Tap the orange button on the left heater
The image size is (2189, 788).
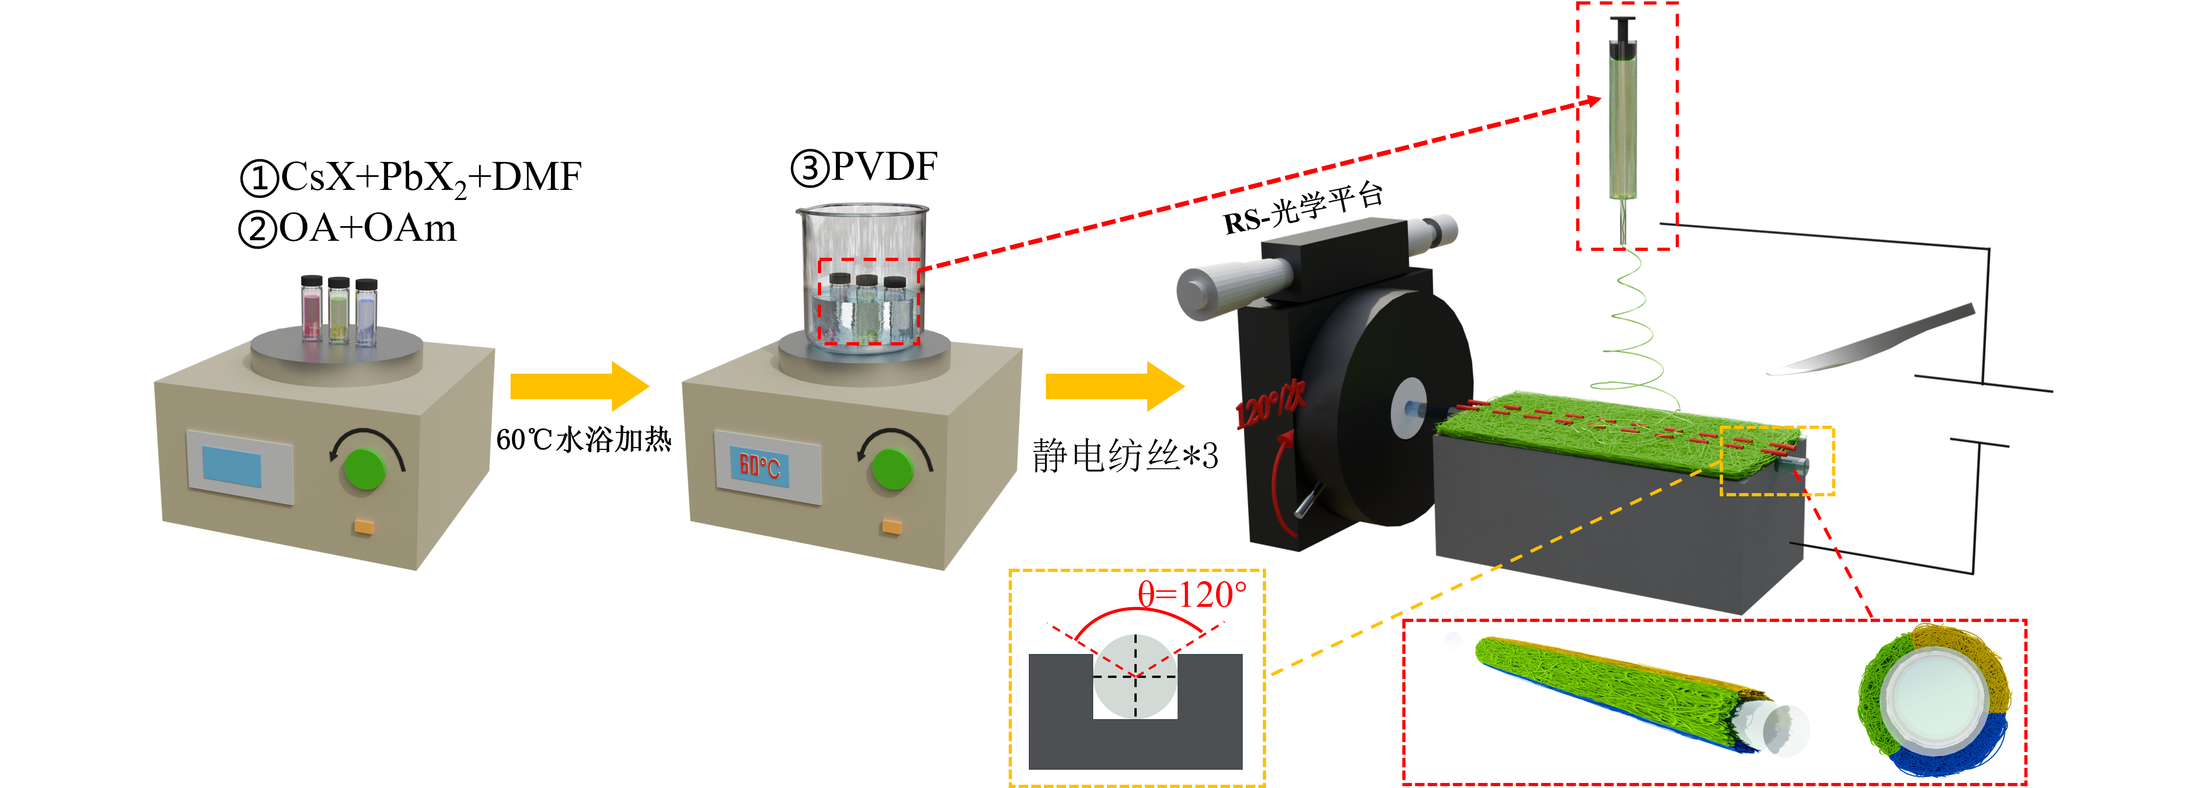[x=364, y=526]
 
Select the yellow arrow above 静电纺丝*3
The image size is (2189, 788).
[x=1115, y=386]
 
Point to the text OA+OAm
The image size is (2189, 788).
[x=367, y=228]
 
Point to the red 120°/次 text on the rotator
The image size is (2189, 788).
[x=1270, y=404]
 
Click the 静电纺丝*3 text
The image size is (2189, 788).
[x=1125, y=455]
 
